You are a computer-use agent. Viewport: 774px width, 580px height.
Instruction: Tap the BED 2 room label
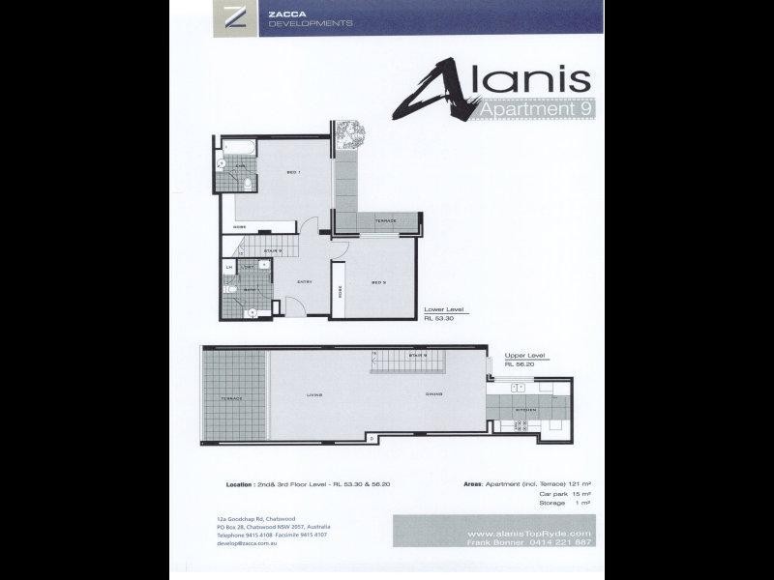(x=379, y=283)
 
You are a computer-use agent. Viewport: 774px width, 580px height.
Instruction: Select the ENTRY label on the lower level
(x=303, y=281)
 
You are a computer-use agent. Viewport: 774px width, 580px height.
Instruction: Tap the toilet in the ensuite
(x=248, y=183)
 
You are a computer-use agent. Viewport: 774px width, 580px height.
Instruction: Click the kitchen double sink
(x=519, y=388)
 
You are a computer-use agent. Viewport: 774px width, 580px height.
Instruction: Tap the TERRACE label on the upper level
(x=232, y=398)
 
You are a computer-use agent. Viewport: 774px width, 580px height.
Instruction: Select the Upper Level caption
(x=525, y=356)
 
